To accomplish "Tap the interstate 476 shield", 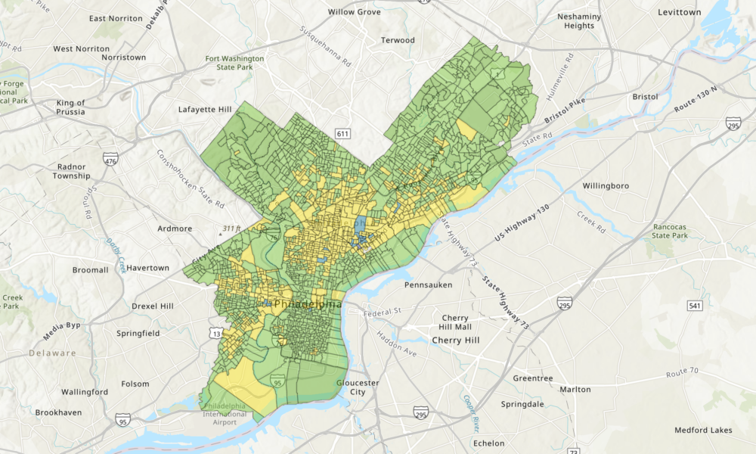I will [111, 160].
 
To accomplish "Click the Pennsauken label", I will [428, 285].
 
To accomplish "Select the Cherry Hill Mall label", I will [457, 322].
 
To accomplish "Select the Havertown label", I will [148, 268].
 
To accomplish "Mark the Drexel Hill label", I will [152, 306].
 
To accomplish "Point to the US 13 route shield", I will [215, 334].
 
